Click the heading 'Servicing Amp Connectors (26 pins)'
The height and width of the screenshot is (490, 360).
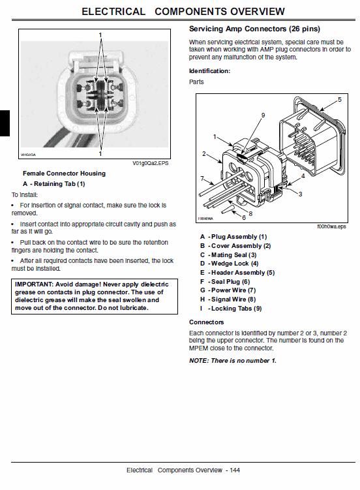[x=254, y=29]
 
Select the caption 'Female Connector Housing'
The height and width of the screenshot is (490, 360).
[x=64, y=174]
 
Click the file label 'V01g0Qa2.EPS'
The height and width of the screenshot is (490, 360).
[x=151, y=163]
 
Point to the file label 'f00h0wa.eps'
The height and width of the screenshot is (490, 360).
[x=331, y=226]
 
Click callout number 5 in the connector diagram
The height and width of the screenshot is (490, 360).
[x=339, y=99]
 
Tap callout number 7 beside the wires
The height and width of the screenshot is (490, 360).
[x=203, y=177]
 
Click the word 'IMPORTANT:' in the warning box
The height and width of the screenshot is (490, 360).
[x=37, y=284]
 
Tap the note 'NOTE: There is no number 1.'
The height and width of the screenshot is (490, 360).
[x=232, y=361]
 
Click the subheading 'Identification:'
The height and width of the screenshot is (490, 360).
[x=209, y=70]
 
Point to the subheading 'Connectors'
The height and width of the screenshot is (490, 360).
[x=206, y=322]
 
